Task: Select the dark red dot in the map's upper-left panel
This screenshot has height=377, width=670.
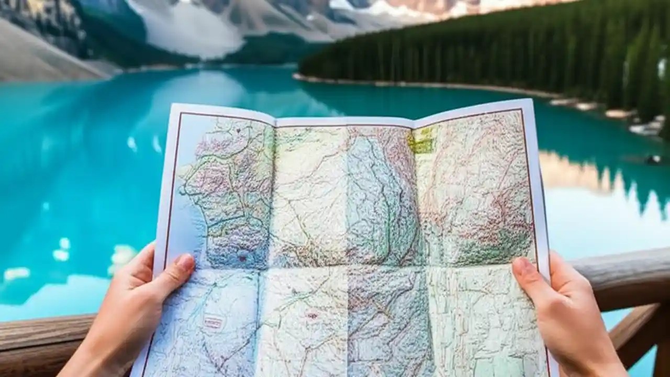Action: [x=238, y=130]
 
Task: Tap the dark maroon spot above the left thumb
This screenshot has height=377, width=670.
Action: [x=242, y=258]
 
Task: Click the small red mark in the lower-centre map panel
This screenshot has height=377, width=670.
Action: [x=312, y=316]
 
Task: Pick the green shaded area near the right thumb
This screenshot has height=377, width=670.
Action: [x=492, y=246]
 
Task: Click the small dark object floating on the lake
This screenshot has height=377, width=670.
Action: [x=653, y=159]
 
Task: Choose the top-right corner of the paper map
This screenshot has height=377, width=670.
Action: [x=531, y=100]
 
